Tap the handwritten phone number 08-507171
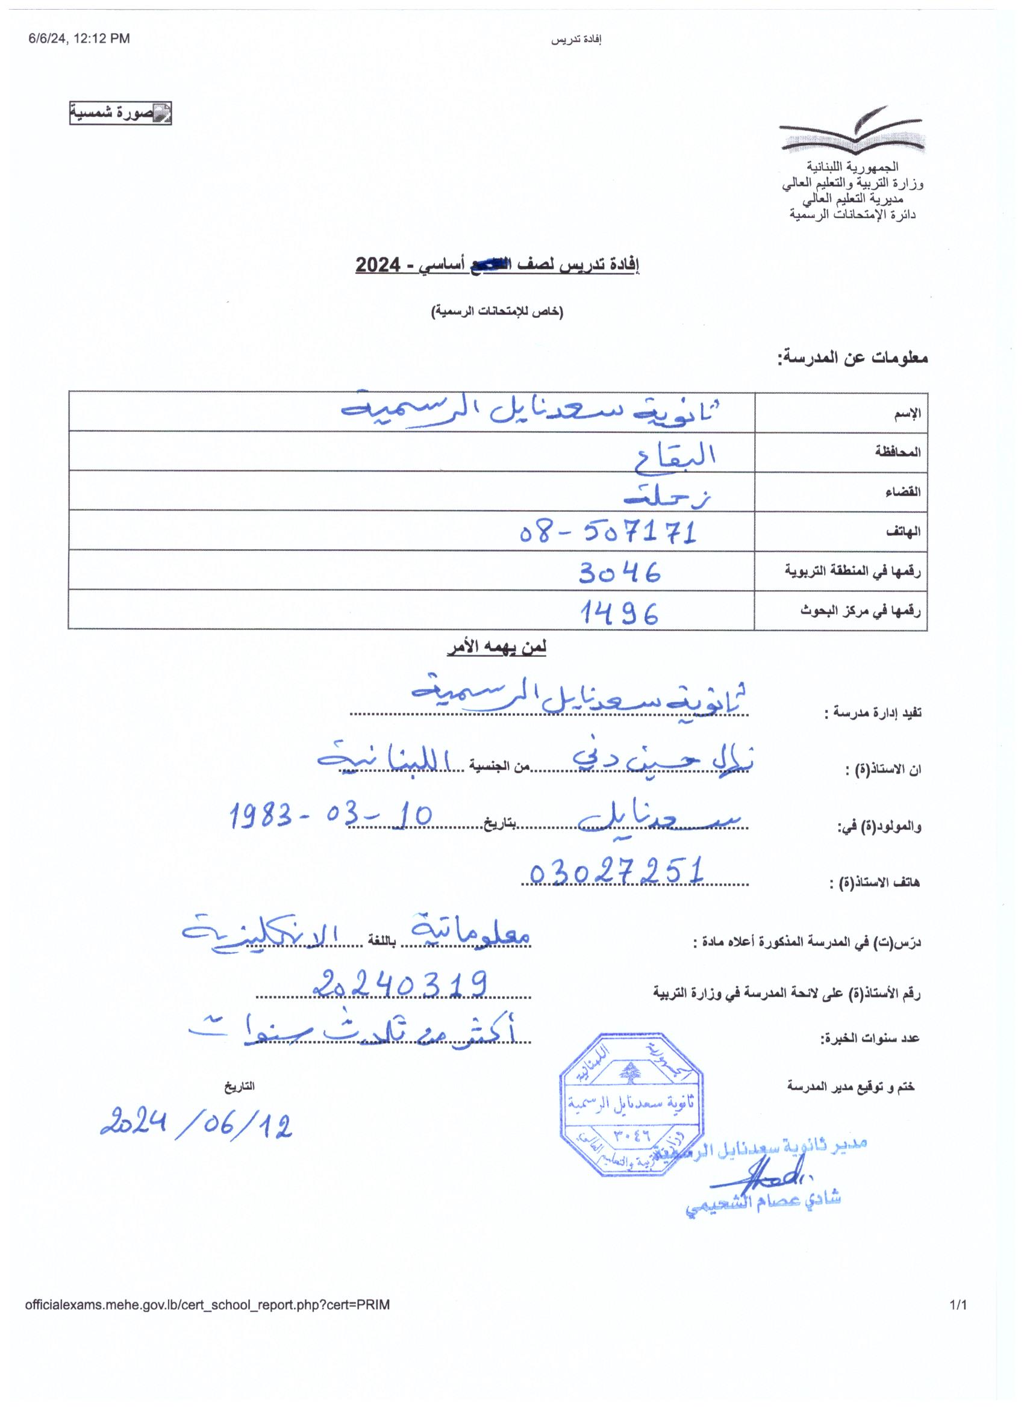(607, 532)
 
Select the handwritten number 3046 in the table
(619, 572)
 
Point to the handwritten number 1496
(619, 614)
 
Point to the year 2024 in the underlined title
(377, 266)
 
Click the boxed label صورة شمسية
(120, 113)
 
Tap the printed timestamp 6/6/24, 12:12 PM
(79, 39)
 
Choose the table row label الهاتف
(904, 532)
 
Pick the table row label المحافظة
(898, 452)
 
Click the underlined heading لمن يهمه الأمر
(496, 647)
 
